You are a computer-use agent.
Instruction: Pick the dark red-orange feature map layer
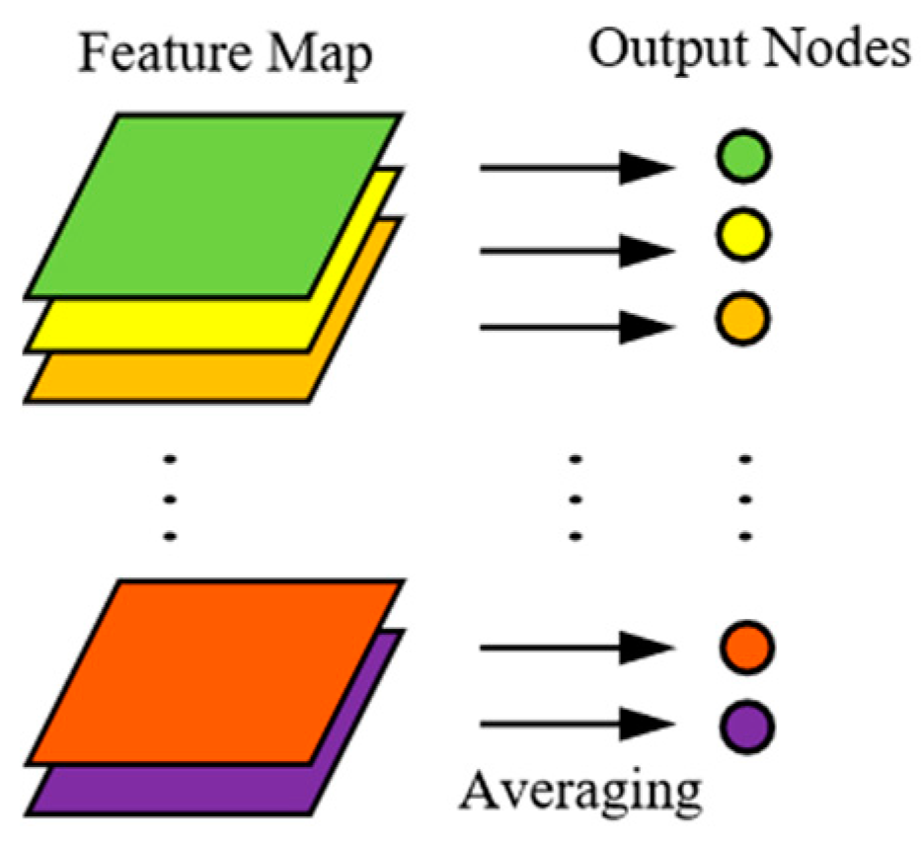[212, 671]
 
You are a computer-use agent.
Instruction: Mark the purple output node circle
[745, 728]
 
